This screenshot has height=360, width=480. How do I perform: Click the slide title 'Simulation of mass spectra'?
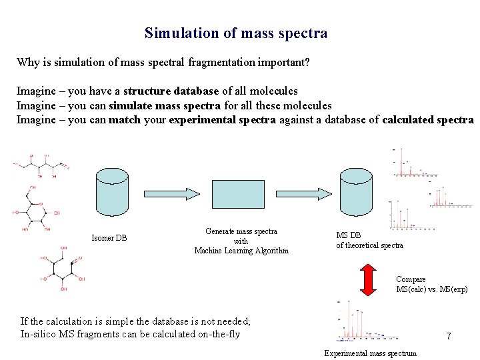pos(236,33)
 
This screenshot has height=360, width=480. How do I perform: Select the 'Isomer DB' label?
pos(109,238)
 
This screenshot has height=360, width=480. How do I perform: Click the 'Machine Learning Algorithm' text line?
pos(241,251)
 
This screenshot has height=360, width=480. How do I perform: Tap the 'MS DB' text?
pos(348,235)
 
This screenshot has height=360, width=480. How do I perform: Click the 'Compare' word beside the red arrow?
pos(411,279)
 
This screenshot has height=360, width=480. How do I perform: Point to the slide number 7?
pos(449,337)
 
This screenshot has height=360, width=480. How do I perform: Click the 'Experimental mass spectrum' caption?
pos(370,353)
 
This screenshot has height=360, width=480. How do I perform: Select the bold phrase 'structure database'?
pos(171,91)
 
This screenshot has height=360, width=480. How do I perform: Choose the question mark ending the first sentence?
pos(307,63)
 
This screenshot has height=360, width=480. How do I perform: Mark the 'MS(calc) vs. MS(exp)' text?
pos(432,289)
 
